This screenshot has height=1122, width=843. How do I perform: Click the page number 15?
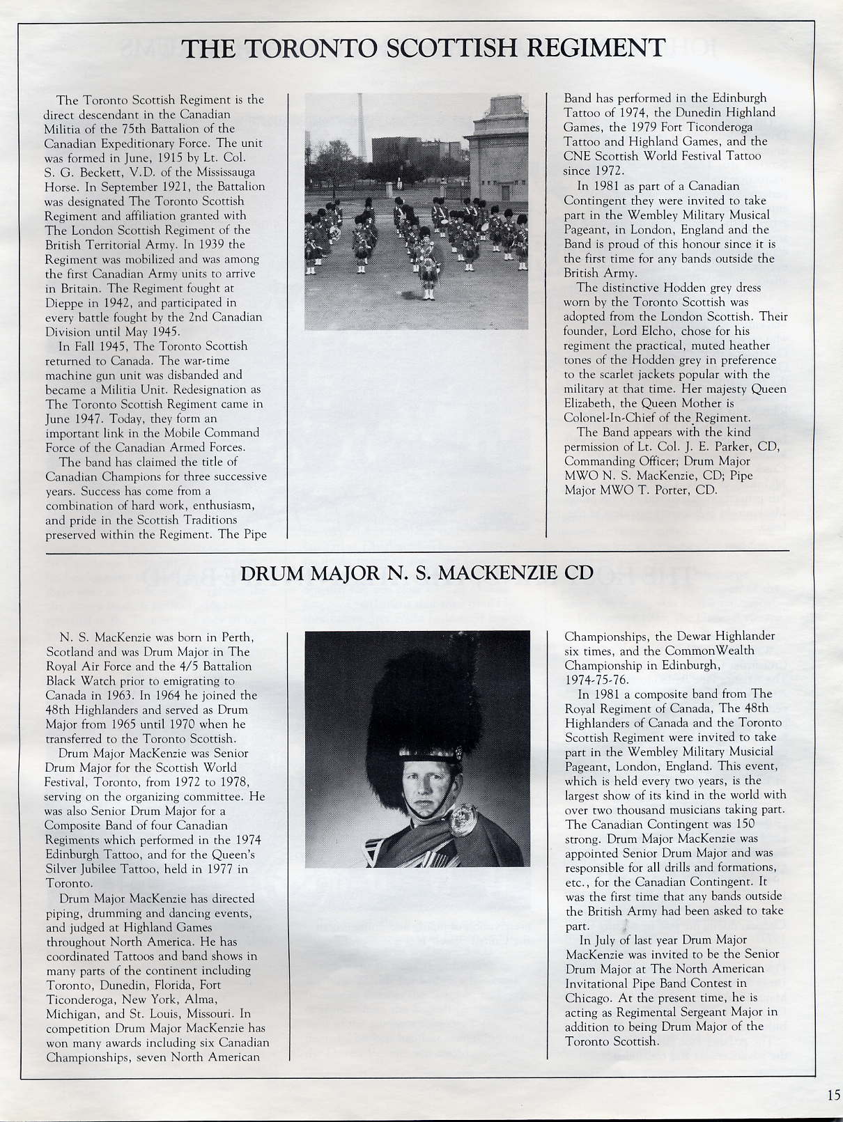click(834, 1094)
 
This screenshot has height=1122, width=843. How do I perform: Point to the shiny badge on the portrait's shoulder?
click(463, 820)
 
